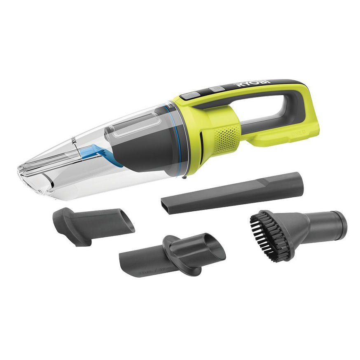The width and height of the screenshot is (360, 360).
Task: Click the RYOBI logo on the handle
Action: (x=252, y=84)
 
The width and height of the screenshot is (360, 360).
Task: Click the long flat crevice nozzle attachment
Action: (x=233, y=193)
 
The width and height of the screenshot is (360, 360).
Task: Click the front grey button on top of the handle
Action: (x=189, y=96)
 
